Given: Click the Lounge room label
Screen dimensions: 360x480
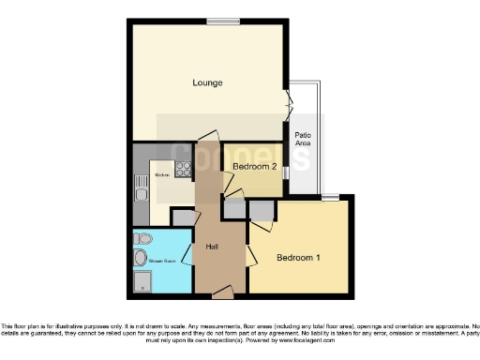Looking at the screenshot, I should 207,82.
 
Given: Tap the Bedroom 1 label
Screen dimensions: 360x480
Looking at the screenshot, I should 298,256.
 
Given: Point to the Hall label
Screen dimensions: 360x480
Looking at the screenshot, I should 212,247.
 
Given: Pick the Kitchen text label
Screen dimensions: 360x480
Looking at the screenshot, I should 160,174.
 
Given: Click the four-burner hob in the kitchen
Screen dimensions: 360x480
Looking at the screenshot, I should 183,170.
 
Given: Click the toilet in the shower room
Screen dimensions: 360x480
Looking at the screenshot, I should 141,238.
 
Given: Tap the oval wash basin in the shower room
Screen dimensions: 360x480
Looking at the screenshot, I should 141,257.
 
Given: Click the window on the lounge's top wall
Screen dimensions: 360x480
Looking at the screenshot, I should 223,21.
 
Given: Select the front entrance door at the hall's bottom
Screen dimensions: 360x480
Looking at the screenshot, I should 222,294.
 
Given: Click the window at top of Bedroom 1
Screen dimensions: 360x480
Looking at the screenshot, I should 329,197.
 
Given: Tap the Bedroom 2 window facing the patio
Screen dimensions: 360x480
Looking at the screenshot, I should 285,171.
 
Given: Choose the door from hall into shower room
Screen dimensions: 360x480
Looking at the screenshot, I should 187,255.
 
